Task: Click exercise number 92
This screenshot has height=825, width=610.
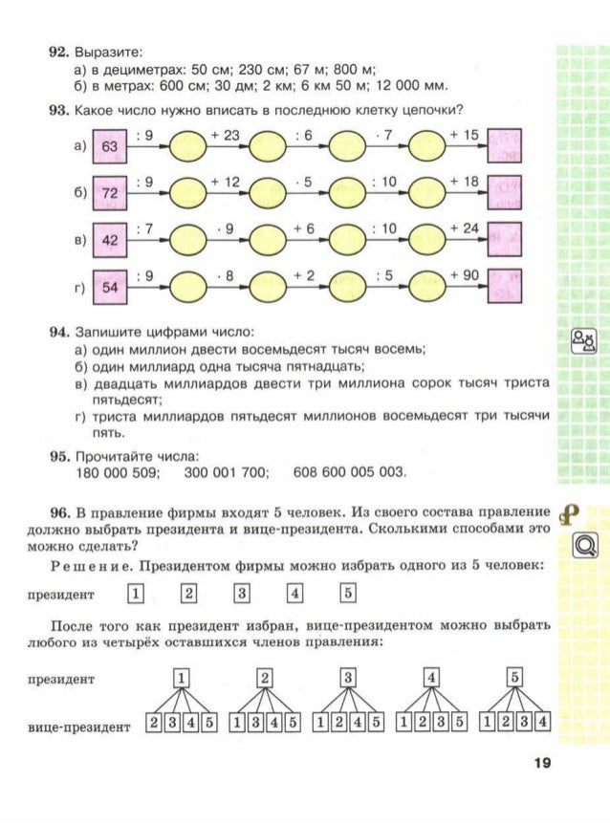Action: tap(59, 49)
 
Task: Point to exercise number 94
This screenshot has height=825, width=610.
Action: tap(59, 333)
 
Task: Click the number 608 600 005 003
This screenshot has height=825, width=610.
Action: tap(350, 472)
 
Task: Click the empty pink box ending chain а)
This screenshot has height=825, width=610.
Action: tap(505, 147)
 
